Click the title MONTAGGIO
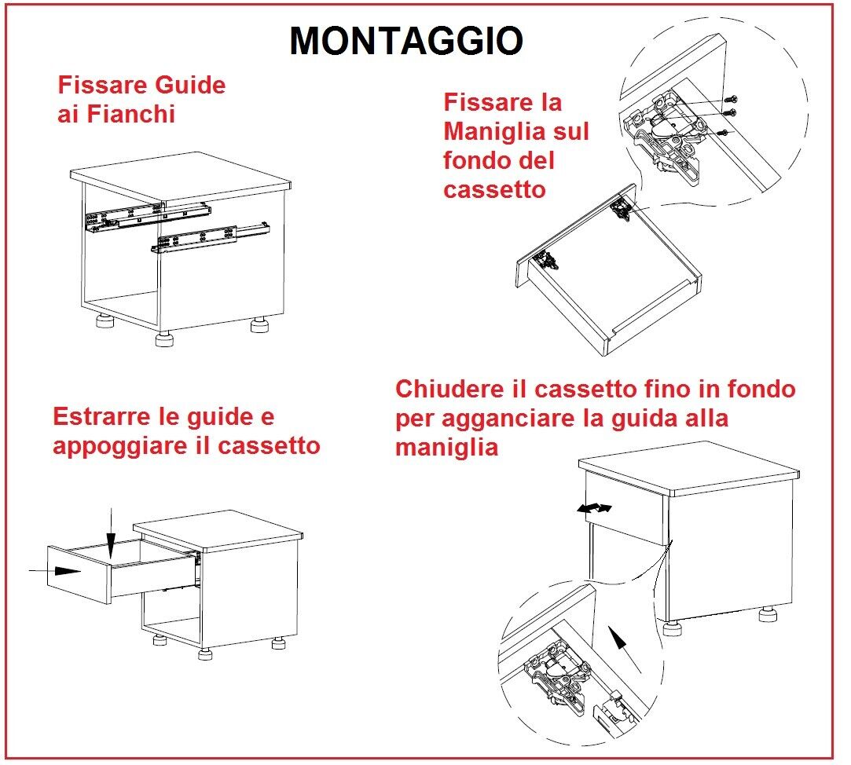pos(406,41)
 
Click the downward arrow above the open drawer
pos(112,534)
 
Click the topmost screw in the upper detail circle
pos(732,99)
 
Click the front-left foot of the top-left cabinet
pos(165,339)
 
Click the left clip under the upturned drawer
pos(543,260)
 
